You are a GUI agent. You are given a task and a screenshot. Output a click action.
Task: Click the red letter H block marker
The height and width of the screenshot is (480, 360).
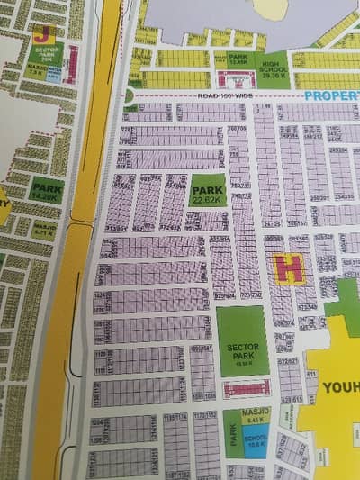288,268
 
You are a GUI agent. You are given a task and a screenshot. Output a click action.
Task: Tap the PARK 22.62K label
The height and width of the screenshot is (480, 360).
207,195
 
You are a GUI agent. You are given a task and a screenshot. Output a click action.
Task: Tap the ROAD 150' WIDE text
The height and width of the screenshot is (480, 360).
221,95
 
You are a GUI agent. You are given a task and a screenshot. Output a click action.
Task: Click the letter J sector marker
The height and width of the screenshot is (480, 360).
41,35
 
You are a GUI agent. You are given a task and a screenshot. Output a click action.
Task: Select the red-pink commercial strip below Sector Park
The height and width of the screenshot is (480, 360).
246,389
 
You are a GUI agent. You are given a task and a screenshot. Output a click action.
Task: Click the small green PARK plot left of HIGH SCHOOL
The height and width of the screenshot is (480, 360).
238,60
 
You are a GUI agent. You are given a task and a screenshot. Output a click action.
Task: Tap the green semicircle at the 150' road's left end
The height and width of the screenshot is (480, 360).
130,95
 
